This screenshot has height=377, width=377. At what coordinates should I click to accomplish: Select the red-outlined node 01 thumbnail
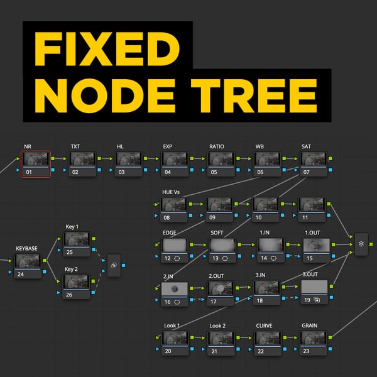point(36,160)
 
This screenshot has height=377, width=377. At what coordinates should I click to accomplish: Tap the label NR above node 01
point(28,146)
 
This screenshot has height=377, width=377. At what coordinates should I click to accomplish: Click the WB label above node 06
point(260,146)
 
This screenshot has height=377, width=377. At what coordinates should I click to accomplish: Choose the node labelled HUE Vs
point(175,205)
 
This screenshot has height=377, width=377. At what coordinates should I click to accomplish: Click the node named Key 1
point(77,240)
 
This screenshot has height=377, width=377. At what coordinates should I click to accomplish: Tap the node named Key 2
point(77,282)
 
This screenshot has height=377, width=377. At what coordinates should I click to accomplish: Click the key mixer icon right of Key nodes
point(114,265)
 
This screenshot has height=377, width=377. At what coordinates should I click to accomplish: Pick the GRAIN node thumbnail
point(314,338)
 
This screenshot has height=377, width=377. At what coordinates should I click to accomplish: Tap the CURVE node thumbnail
point(268,338)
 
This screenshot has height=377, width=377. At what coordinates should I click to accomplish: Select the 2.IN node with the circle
point(175,288)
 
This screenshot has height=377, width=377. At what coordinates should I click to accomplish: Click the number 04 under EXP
point(168,172)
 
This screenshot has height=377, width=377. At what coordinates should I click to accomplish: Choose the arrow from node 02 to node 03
point(105,159)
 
